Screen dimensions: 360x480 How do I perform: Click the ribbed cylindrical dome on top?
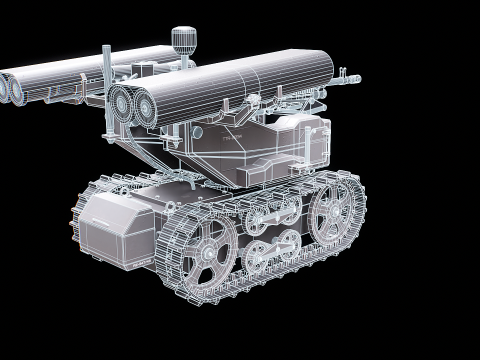click(x=182, y=39)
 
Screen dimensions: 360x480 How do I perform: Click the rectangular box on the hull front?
click(x=116, y=226)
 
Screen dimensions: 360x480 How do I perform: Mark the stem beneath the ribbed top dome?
click(x=182, y=58)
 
